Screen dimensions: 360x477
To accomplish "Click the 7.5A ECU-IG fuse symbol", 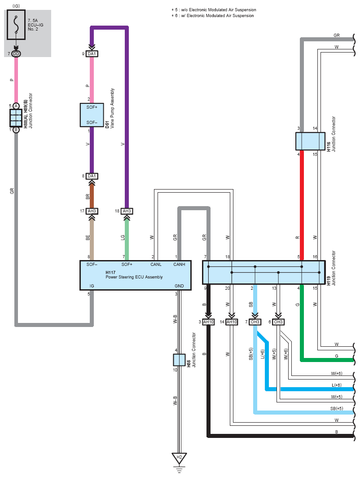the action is pos(16,24).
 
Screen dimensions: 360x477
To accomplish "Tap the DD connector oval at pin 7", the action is pos(16,54).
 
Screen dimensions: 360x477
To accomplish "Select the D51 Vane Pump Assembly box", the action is pos(92,115).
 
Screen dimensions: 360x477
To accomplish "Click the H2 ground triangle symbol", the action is pos(179,458).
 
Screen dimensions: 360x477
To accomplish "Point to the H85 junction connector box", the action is pos(179,360).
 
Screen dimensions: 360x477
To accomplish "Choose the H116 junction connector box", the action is pos(310,141).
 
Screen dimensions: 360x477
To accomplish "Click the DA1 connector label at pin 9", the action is pos(92,54).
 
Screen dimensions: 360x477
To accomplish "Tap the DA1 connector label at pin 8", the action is pos(92,176).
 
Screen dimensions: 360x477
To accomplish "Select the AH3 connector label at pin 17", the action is pos(92,211).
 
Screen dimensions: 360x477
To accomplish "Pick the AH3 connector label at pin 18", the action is pos(127,211).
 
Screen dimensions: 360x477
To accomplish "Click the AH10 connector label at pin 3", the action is pos(208,322).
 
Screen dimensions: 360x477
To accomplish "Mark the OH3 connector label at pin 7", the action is pos(255,322).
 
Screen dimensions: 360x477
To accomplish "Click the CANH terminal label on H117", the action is pos(179,265).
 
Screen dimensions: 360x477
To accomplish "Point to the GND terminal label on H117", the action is pos(179,286).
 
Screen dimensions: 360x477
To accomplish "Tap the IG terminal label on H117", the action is pos(92,286).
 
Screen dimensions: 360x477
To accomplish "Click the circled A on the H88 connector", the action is pos(16,106).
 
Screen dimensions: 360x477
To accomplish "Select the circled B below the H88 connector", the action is pos(16,130).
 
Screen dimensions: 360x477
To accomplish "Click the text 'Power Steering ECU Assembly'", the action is pos(134,277).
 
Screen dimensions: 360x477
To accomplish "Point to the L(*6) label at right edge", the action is pos(336,385).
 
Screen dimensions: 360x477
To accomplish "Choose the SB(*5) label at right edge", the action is pos(337,409).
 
